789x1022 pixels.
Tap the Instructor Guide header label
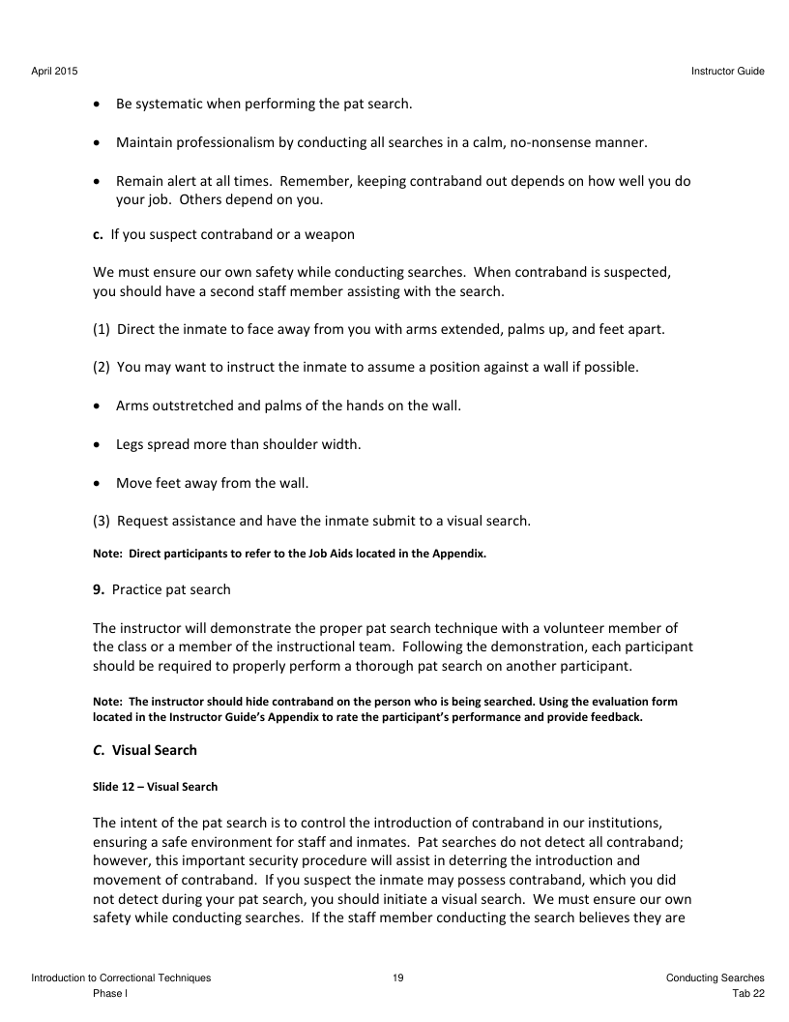(x=728, y=71)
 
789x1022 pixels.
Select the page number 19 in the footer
(x=398, y=978)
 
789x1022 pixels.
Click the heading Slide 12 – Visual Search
(x=155, y=787)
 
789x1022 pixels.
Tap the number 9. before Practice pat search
(x=99, y=589)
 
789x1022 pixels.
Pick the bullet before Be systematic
(x=100, y=104)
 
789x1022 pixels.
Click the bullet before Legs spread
(x=100, y=445)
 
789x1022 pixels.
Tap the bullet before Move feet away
(x=100, y=483)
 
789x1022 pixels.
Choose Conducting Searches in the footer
(x=715, y=978)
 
